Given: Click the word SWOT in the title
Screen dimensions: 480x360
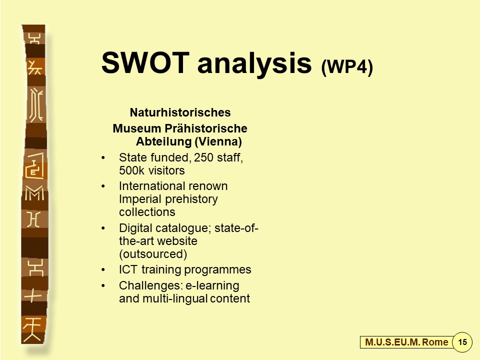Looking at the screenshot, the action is [x=145, y=63].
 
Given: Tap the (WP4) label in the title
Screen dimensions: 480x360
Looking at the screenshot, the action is [x=347, y=66].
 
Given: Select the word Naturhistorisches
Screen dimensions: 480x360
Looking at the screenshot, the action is [x=180, y=112].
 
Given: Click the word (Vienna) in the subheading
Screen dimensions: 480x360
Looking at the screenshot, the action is [x=218, y=141].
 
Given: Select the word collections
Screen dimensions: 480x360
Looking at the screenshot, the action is [x=147, y=212].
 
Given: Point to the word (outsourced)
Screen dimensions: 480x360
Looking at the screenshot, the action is [x=153, y=254].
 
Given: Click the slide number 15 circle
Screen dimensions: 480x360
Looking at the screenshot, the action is [x=462, y=342].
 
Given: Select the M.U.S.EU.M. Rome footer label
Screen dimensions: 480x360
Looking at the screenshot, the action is [x=406, y=342].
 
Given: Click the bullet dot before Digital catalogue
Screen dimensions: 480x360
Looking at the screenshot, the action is [x=103, y=228].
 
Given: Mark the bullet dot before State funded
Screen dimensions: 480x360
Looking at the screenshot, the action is [x=103, y=158].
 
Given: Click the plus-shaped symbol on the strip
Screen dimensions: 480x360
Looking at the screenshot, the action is [x=33, y=295].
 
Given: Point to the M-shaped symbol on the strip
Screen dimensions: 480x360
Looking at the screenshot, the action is [x=34, y=193].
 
